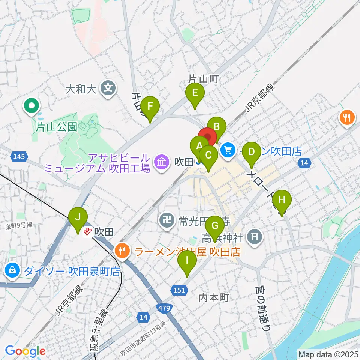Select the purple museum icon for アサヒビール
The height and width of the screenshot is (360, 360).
click(x=162, y=162)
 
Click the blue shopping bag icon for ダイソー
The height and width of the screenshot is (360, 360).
click(x=12, y=270)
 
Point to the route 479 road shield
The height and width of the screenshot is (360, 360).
click(x=167, y=308)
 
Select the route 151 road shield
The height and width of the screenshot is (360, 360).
click(x=179, y=289)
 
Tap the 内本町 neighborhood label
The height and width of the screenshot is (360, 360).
click(x=214, y=297)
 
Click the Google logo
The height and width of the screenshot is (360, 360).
click(x=25, y=351)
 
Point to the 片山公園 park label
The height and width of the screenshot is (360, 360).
click(x=56, y=127)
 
